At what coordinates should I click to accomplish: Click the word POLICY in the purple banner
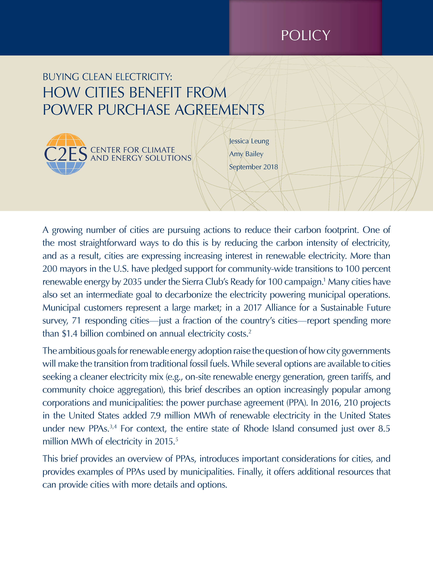click(x=305, y=36)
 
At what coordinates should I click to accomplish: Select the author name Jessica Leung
click(x=249, y=141)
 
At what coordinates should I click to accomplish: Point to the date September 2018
click(x=253, y=167)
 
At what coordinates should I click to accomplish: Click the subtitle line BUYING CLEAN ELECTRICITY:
click(x=107, y=77)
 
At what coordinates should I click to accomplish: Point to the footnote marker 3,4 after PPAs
click(x=113, y=426)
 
